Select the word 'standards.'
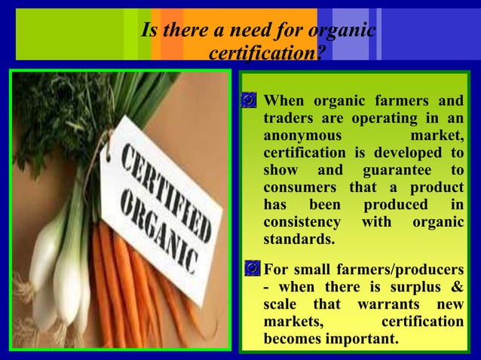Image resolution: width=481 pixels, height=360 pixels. pyautogui.click(x=299, y=240)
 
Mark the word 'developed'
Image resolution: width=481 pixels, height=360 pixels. pyautogui.click(x=403, y=154)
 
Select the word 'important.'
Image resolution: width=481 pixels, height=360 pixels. pyautogui.click(x=362, y=340)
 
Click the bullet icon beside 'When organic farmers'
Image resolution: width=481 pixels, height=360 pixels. pyautogui.click(x=250, y=102)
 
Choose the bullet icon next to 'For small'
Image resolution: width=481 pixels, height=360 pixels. pyautogui.click(x=250, y=269)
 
